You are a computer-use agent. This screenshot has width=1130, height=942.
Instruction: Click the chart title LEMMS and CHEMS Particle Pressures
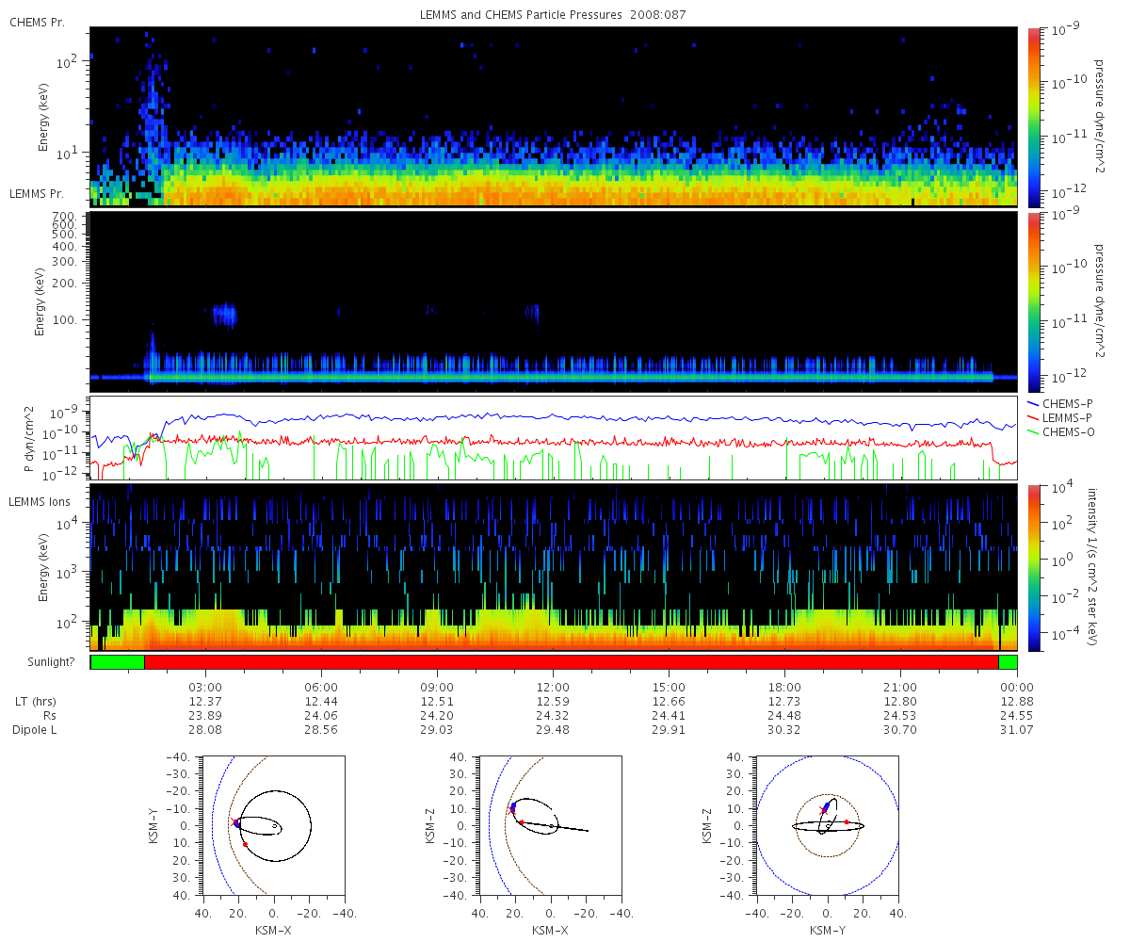[x=521, y=15]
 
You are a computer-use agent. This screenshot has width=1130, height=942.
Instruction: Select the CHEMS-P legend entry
[x=1059, y=404]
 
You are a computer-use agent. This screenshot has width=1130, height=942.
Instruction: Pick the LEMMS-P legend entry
[x=1059, y=418]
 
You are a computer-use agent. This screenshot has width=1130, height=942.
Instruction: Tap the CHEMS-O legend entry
[x=1060, y=432]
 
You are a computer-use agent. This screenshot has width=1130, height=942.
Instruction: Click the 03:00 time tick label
[x=205, y=688]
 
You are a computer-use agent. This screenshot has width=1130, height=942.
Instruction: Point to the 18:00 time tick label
[x=784, y=688]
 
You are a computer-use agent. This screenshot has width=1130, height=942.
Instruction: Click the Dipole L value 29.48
[x=553, y=730]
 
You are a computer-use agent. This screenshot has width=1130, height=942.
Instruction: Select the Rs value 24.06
[x=321, y=716]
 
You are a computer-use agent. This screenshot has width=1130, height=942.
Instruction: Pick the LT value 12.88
[x=1016, y=702]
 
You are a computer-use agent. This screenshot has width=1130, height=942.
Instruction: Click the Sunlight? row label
[x=51, y=662]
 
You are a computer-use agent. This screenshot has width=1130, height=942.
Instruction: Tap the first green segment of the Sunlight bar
[x=118, y=662]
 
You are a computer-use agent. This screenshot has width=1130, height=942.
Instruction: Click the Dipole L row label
[x=34, y=730]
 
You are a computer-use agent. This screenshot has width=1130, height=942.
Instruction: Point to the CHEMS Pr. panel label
[x=37, y=23]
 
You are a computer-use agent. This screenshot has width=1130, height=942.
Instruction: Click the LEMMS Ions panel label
[x=39, y=502]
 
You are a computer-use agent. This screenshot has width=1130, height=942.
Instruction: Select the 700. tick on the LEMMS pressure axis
[x=64, y=217]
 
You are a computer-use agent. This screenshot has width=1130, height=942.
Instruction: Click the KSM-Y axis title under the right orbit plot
[x=827, y=930]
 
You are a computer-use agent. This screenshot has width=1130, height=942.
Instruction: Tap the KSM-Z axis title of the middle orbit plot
[x=430, y=825]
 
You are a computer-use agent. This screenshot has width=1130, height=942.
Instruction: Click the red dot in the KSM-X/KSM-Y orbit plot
[x=245, y=845]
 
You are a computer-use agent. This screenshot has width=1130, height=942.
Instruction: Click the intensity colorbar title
[x=1092, y=567]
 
